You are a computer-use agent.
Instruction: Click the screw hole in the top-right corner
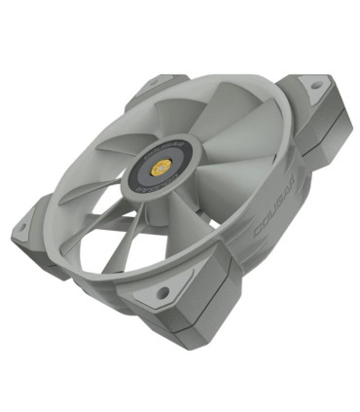point(313,86)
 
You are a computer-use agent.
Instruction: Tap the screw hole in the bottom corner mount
point(162,291)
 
